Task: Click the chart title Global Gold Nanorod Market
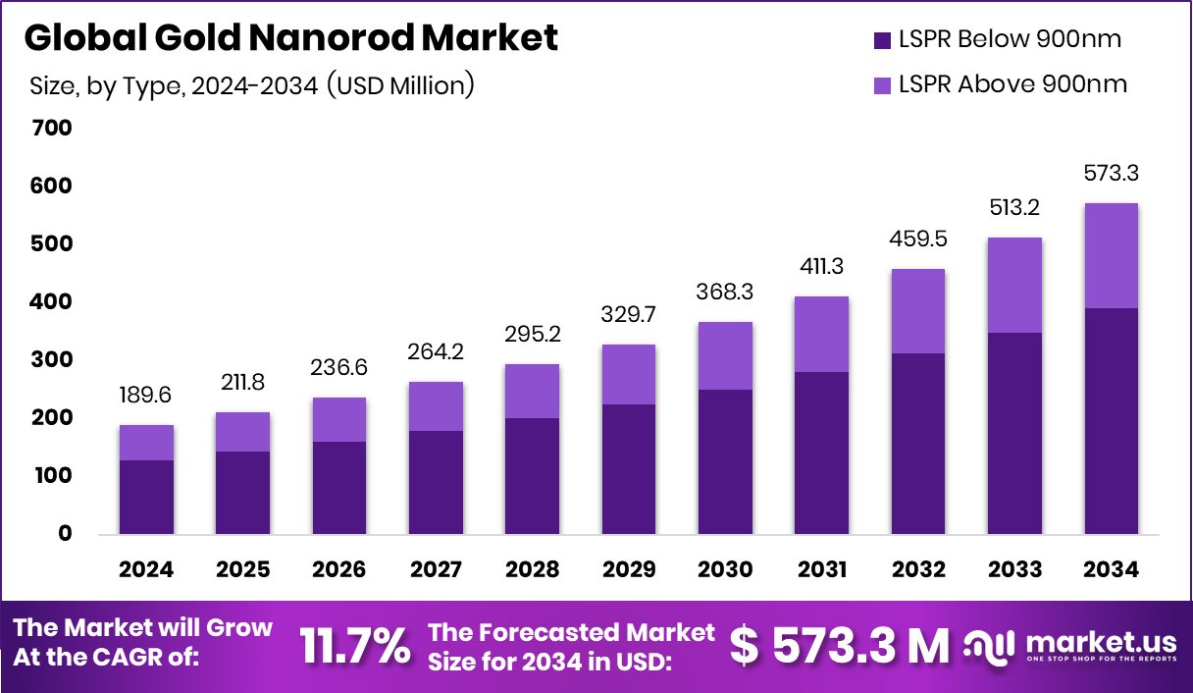tap(290, 38)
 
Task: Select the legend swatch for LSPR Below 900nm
tap(881, 40)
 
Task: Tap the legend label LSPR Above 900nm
tap(1012, 84)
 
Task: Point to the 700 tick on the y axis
tap(52, 128)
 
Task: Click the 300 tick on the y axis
tap(52, 360)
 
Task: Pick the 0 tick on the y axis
tap(65, 534)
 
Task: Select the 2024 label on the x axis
tap(146, 570)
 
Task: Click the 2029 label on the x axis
tap(628, 570)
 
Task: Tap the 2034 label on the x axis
tap(1111, 570)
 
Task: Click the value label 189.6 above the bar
tap(146, 397)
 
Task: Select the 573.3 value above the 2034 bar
tap(1111, 174)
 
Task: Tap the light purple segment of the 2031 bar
tap(821, 334)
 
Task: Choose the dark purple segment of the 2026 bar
tap(339, 488)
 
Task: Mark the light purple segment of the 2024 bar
tap(146, 443)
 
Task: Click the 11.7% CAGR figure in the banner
tap(354, 646)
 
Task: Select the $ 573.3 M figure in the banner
tap(840, 646)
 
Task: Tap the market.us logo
tap(1069, 646)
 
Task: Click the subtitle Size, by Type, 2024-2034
tap(252, 85)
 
